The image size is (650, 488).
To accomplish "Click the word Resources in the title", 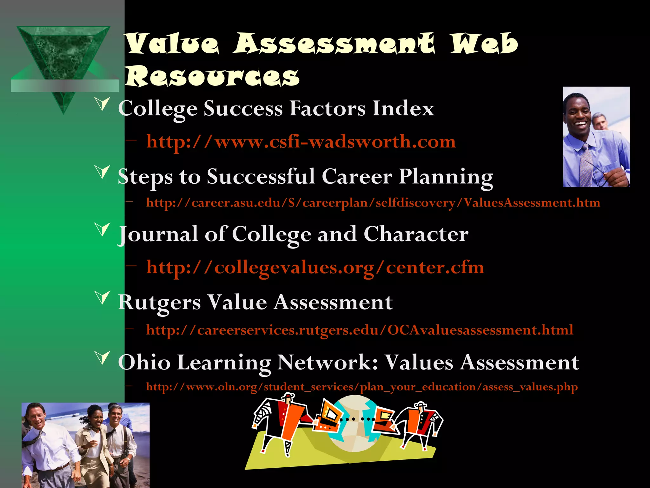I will point(212,76).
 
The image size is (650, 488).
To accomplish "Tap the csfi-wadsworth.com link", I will point(301,141).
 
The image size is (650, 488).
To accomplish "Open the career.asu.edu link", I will point(373,203).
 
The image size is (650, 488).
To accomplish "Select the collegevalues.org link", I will point(315,268).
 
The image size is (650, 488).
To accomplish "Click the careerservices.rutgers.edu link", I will point(360,330).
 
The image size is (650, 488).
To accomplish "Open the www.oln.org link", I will point(362,387).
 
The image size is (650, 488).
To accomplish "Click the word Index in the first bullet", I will point(403,109).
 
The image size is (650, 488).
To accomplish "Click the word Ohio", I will point(144,362).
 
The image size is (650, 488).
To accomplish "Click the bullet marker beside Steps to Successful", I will point(103,172).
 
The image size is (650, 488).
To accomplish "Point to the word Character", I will point(416,235).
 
